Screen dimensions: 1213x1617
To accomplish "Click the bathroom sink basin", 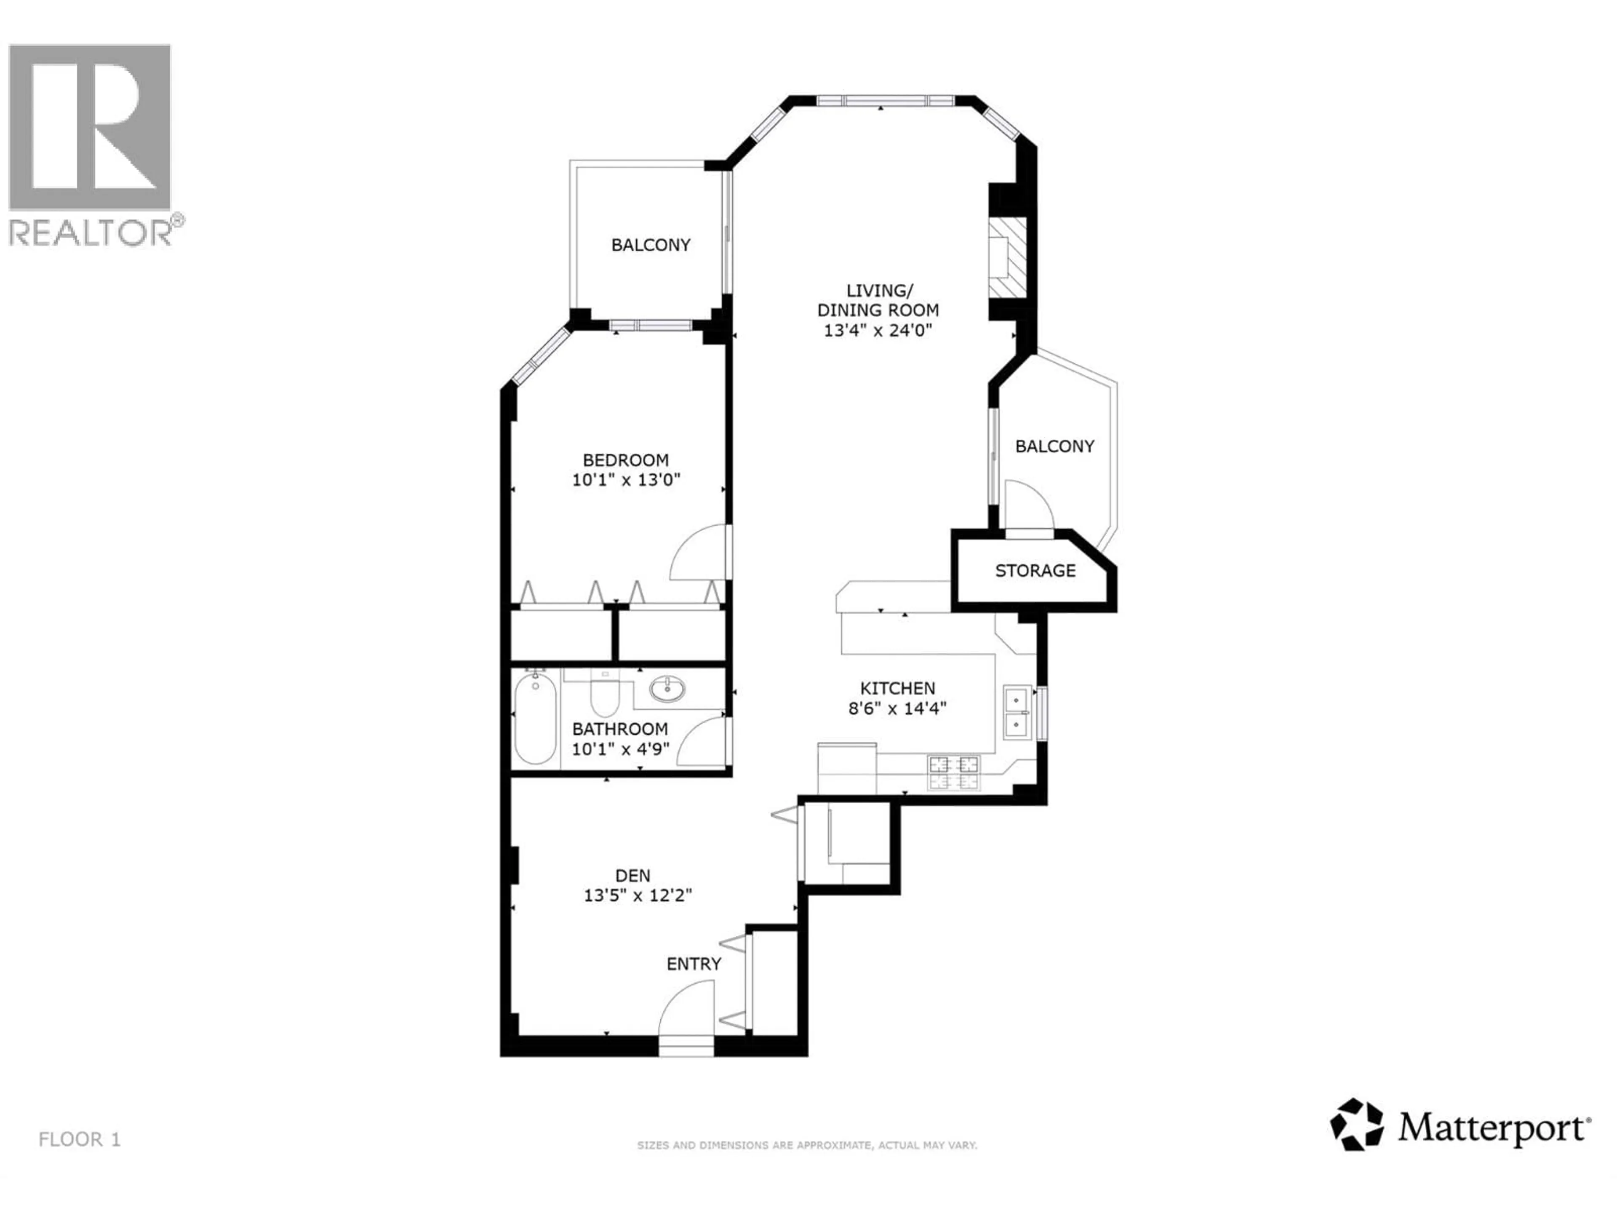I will tap(667, 689).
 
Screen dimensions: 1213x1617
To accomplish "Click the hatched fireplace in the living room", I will tap(1007, 257).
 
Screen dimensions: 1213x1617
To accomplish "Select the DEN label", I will tap(632, 875).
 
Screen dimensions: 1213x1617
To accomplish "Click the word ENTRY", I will tap(693, 964).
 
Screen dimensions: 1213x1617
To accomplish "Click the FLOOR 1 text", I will tap(79, 1139).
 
